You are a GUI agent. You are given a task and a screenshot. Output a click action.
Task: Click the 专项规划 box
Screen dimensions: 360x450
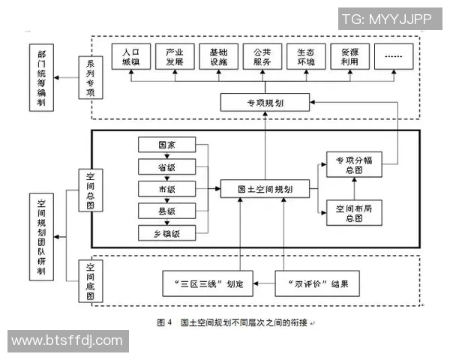click(255, 101)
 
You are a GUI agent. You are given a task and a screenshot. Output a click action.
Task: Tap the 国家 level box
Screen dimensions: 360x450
click(167, 145)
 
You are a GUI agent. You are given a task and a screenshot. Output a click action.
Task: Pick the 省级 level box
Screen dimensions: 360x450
click(167, 166)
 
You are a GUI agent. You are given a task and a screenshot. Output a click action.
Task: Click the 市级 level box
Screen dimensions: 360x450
click(167, 188)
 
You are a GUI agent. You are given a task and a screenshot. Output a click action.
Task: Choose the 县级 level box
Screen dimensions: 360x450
click(167, 211)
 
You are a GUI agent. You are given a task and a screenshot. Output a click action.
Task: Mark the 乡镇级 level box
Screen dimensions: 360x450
click(167, 232)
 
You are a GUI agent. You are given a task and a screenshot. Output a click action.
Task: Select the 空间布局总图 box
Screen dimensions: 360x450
click(350, 213)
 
